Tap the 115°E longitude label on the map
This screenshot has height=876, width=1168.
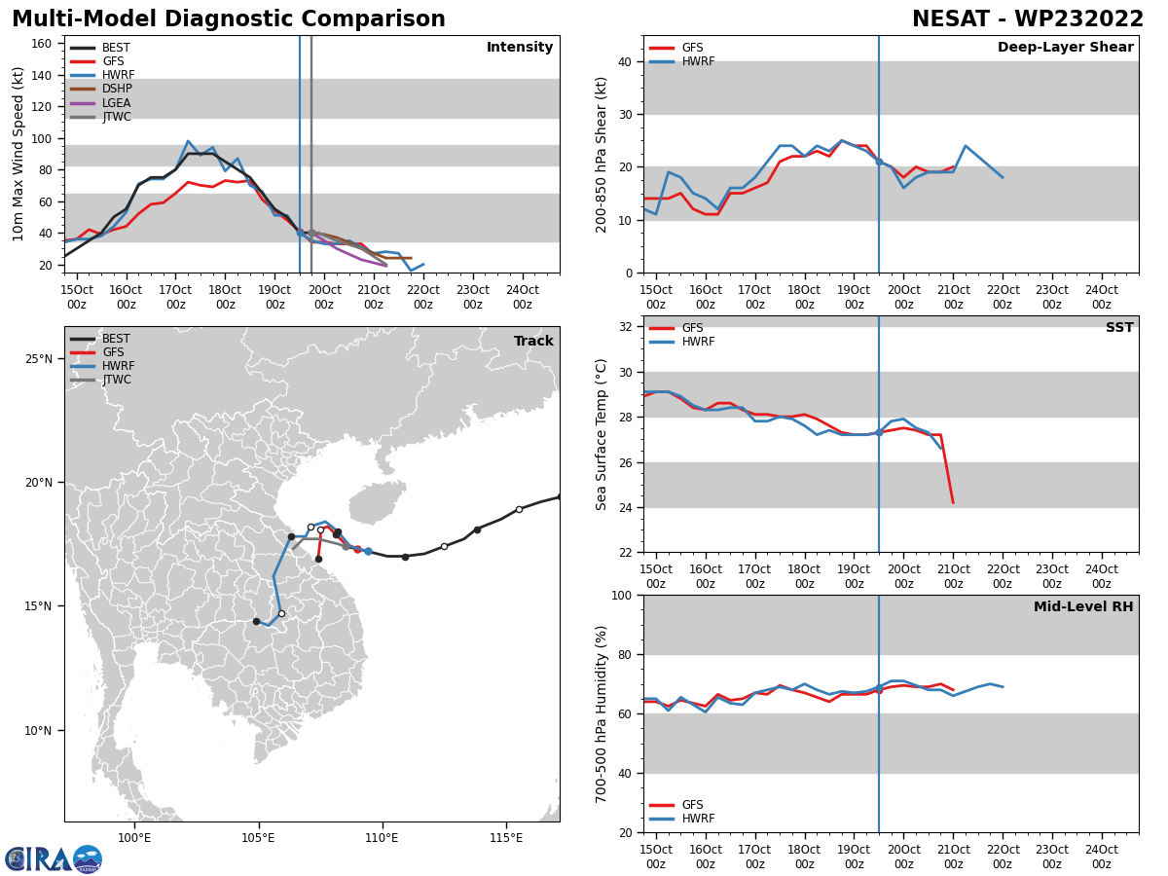pos(505,838)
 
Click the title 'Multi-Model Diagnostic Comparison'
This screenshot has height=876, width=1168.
pos(229,19)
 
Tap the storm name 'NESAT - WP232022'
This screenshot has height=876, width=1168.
pos(1028,19)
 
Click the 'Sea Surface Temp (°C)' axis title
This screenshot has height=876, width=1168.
pos(602,434)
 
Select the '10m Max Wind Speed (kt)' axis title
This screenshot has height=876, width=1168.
pos(18,154)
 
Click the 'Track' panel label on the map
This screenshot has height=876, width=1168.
pos(533,342)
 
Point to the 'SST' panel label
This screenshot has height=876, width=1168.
pos(1119,328)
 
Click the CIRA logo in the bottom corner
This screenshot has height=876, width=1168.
pos(54,858)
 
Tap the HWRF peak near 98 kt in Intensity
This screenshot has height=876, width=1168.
pos(188,141)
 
